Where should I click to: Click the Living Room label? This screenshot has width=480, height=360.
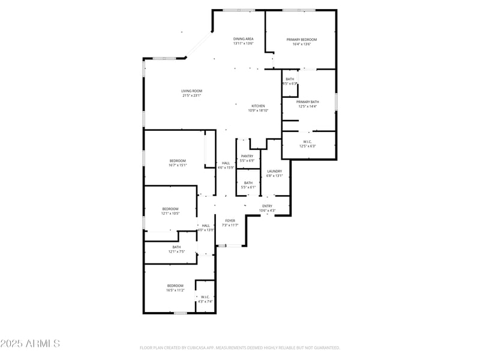pos(191,91)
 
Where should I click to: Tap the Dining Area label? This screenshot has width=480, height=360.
pos(244,39)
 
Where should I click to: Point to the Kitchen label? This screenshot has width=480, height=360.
pos(258,106)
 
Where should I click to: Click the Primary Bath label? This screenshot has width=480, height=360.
pos(308,102)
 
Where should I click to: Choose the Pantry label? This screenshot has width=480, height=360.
pos(247,156)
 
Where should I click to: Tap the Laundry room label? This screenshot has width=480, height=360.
pos(274,171)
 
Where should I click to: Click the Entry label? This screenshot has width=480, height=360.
pos(267,206)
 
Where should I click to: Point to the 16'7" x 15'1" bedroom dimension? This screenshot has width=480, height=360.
pos(178,165)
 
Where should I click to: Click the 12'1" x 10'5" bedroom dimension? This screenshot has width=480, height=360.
pos(170,214)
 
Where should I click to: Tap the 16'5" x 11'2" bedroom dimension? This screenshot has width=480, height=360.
pos(175,290)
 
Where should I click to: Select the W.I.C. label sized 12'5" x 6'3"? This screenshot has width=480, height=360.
pos(307,142)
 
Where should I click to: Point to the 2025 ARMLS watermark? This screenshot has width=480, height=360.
pos(30,344)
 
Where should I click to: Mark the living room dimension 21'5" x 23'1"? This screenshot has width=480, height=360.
pos(191,95)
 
